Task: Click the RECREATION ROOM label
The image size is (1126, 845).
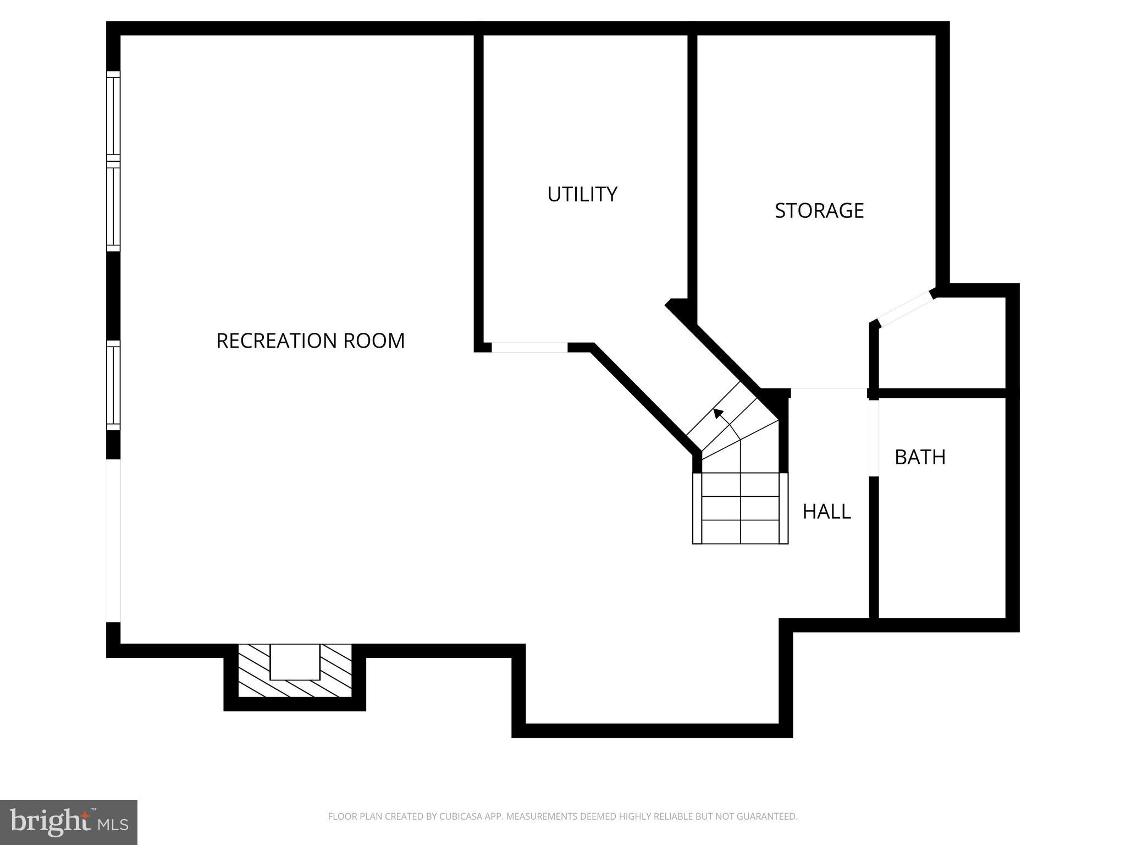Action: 310,341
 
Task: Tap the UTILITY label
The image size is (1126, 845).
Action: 582,194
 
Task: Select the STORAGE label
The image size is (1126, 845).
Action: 819,211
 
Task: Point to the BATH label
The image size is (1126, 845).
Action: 920,457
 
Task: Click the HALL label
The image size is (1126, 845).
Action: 826,512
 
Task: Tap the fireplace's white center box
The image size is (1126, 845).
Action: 295,662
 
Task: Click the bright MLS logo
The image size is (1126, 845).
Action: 68,822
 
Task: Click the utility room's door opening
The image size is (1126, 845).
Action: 529,347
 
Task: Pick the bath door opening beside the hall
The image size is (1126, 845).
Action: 874,437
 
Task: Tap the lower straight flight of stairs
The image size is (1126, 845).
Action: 740,508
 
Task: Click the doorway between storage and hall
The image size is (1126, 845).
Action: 829,392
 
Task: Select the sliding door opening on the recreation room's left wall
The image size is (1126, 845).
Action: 113,541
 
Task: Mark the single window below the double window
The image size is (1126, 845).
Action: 113,385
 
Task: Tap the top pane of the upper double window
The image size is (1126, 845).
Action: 113,116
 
